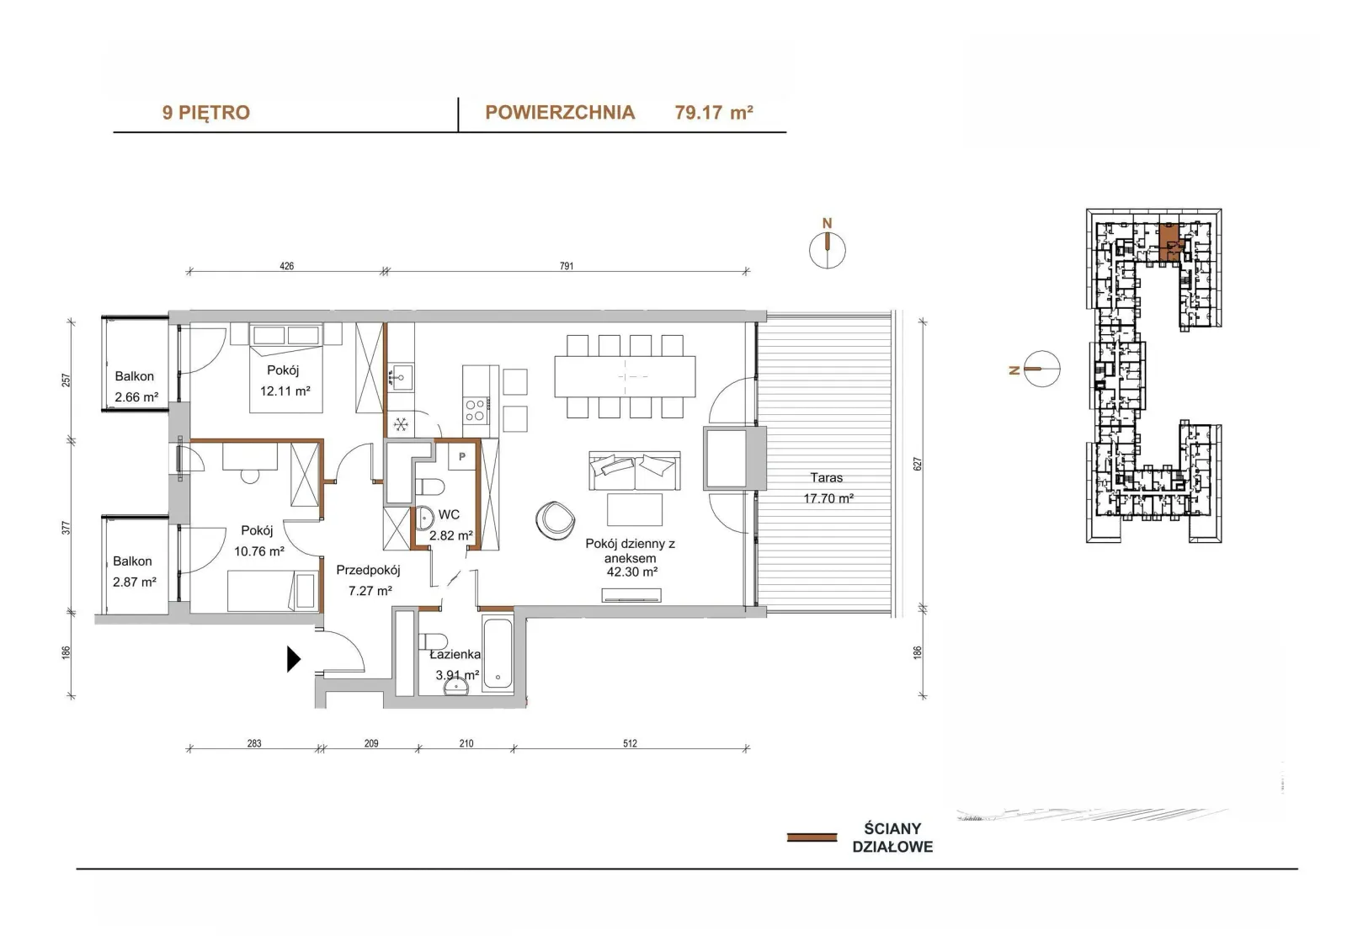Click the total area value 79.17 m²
coord(714,113)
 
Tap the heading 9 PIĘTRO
coord(205,113)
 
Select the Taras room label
coord(826,477)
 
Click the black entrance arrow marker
coord(294,659)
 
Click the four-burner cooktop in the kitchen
coord(475,410)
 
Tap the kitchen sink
coord(400,377)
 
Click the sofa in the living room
coord(635,471)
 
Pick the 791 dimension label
coord(567,266)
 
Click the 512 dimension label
coord(630,743)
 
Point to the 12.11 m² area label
coord(285,391)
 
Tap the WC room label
coord(450,515)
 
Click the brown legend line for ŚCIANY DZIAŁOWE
coord(812,838)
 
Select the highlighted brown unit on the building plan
coord(1170,242)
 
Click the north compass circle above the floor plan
coord(828,250)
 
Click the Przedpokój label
coord(368,570)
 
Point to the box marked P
coord(462,456)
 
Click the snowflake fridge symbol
coord(401,425)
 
